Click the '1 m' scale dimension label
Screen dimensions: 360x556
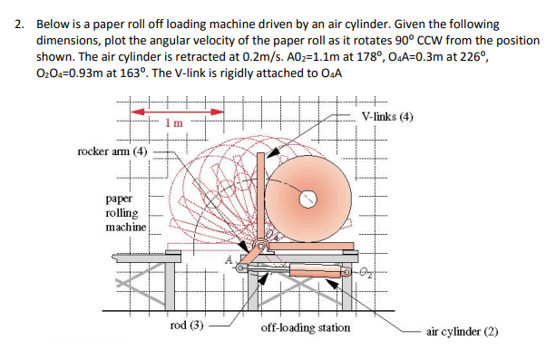[x=175, y=121]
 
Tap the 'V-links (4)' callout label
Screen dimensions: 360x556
[x=387, y=116]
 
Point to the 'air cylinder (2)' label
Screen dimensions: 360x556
[x=463, y=332]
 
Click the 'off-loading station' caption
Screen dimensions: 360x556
[x=306, y=326]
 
